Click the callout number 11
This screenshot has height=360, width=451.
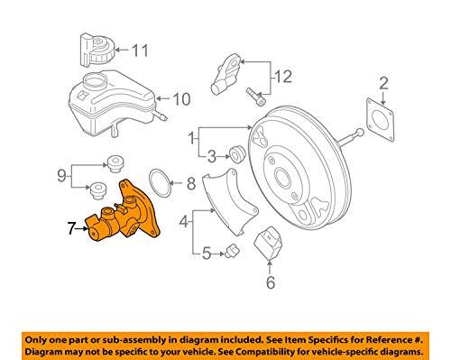click(x=140, y=51)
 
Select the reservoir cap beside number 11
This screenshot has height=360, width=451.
click(x=97, y=50)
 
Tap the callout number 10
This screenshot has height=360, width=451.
click(x=181, y=99)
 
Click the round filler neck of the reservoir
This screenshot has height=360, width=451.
click(x=95, y=81)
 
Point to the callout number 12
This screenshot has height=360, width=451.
click(x=283, y=77)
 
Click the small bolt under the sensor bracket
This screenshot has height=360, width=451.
click(x=255, y=97)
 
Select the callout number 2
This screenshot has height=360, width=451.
click(x=383, y=83)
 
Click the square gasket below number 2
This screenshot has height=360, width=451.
click(x=381, y=120)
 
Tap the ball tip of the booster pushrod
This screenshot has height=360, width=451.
click(x=360, y=132)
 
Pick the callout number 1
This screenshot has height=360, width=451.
click(x=191, y=139)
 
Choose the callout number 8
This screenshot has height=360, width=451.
click(x=191, y=183)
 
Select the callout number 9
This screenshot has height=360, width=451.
click(x=61, y=175)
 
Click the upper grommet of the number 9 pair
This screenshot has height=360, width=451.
click(x=115, y=164)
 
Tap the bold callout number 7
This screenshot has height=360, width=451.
click(x=71, y=228)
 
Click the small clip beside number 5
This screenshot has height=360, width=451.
click(x=233, y=251)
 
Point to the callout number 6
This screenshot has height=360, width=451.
click(x=271, y=282)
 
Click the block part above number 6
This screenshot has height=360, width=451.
click(x=268, y=243)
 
